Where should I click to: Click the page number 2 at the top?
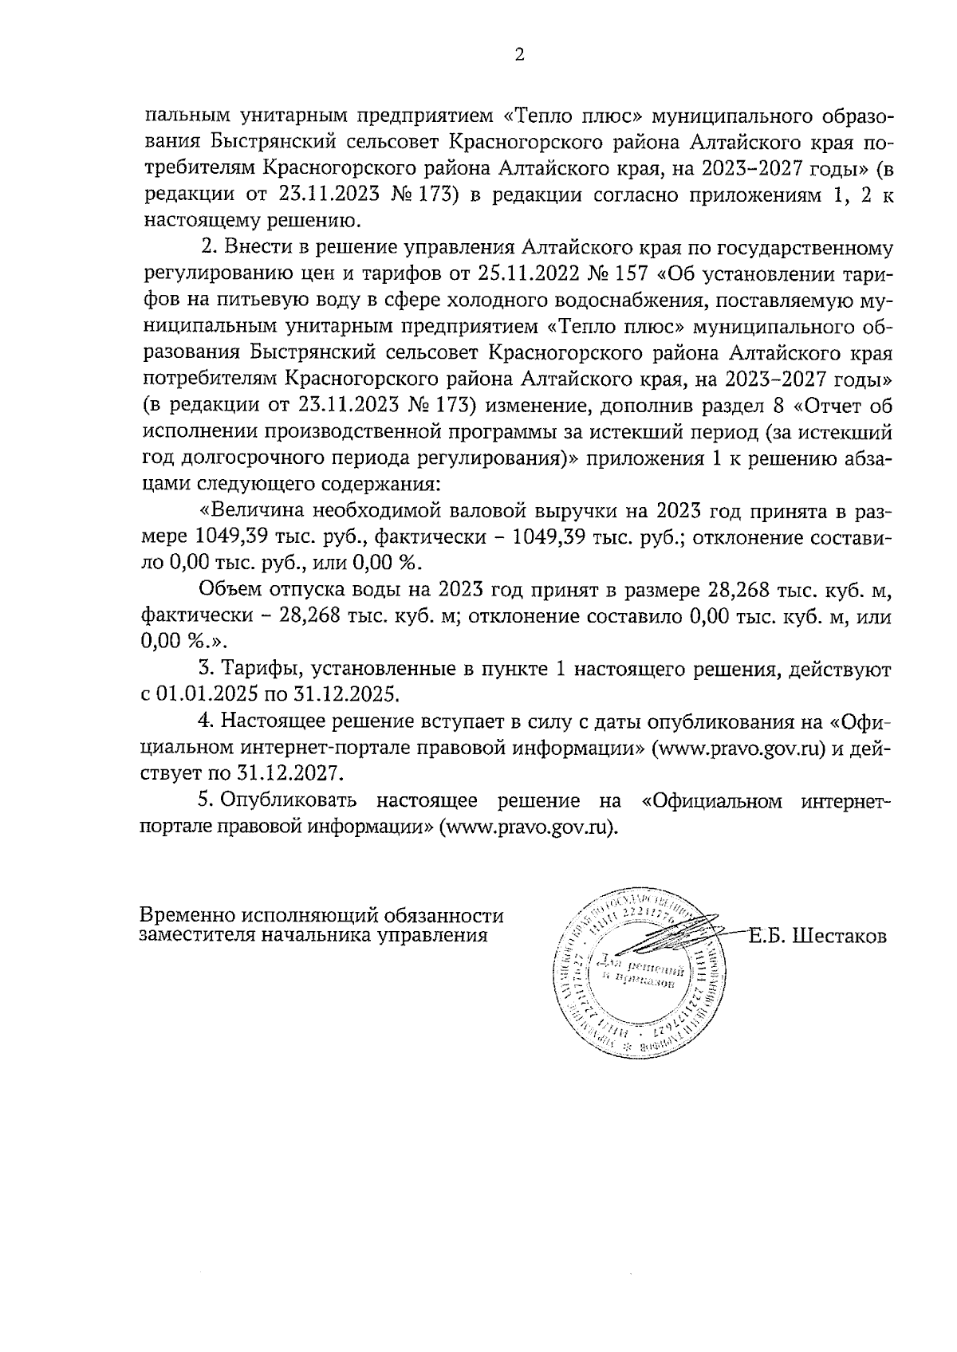click(519, 55)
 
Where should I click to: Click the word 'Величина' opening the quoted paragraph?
click(256, 510)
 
